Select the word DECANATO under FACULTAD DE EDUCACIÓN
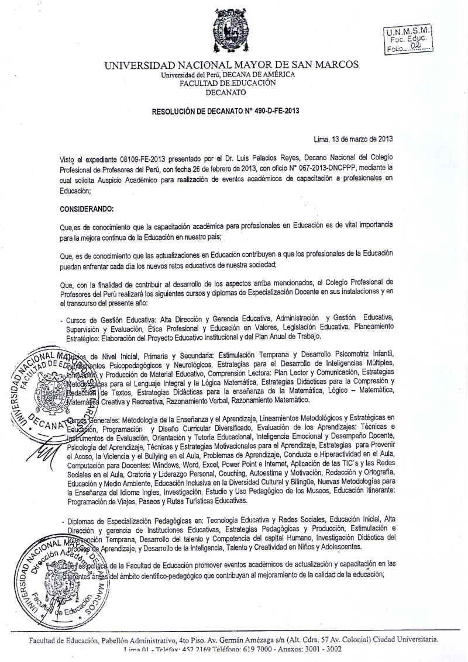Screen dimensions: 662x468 pos(226,92)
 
